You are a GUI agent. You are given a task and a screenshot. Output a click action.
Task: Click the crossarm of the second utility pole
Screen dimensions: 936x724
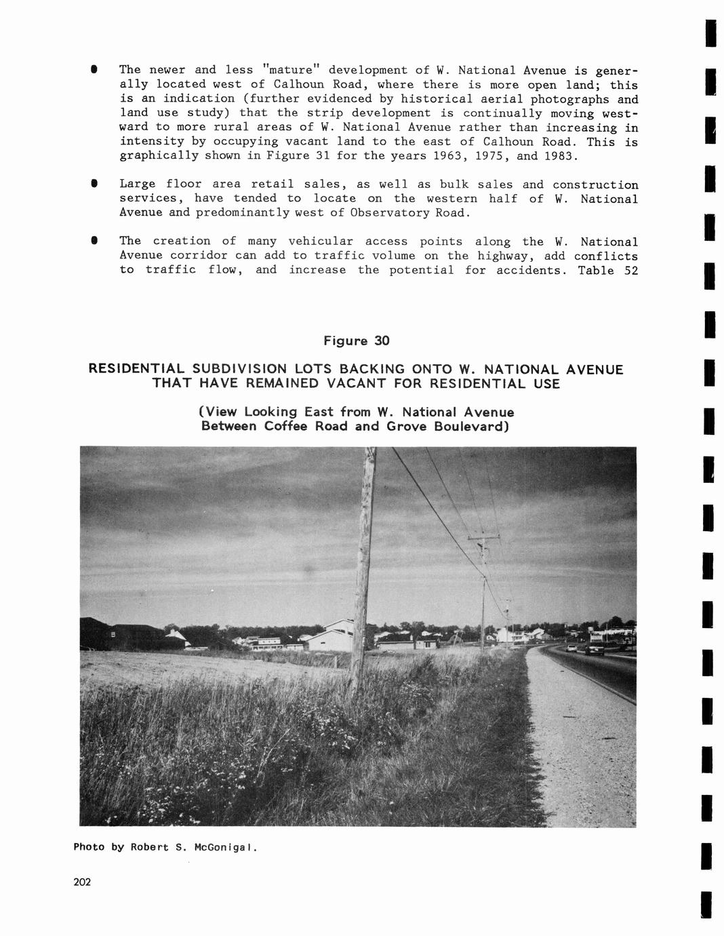pyautogui.click(x=483, y=538)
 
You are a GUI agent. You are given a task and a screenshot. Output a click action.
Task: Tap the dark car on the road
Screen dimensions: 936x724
pyautogui.click(x=595, y=649)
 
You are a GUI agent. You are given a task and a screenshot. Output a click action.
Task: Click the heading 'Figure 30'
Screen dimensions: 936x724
pyautogui.click(x=356, y=340)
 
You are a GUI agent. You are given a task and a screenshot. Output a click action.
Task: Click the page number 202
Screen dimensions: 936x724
pyautogui.click(x=82, y=882)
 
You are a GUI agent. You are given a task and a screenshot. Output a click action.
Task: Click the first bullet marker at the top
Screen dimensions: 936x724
pyautogui.click(x=94, y=70)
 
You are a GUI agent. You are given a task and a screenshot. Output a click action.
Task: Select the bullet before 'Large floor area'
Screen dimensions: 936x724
pyautogui.click(x=94, y=184)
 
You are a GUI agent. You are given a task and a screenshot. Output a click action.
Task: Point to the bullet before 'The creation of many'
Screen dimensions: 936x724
pyautogui.click(x=94, y=241)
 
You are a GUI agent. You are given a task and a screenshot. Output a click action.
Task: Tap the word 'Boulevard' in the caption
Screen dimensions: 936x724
pyautogui.click(x=470, y=426)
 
